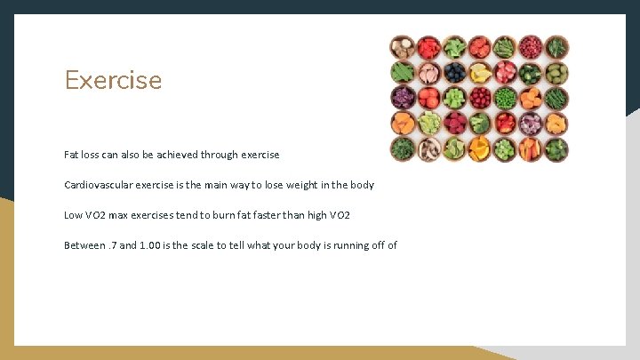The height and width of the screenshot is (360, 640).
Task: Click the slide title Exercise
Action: point(113,80)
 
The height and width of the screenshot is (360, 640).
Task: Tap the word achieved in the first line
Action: point(177,155)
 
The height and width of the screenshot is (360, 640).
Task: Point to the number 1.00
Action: point(151,245)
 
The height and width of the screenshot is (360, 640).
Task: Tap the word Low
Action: point(74,215)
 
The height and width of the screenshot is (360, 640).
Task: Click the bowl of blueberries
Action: point(454,73)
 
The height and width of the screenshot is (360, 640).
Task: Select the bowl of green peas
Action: point(505,97)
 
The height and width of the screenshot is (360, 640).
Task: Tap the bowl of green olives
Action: point(556,73)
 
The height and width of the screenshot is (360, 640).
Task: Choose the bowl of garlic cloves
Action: point(428,73)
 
